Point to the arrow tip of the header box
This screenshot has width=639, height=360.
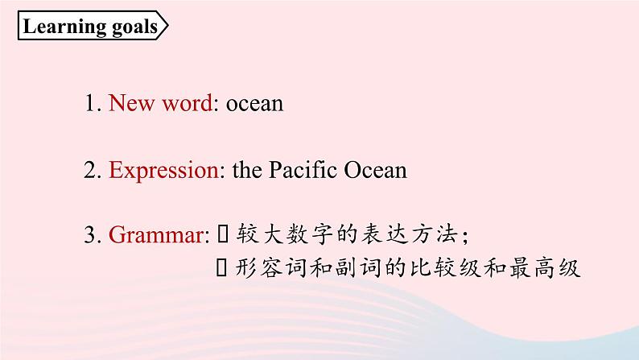[167, 26]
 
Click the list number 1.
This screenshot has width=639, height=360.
[90, 103]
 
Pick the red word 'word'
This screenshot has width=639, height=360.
[188, 103]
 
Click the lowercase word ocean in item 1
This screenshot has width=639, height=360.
[254, 104]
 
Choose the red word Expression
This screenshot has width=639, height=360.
[164, 171]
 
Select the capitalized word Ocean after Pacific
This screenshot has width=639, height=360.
[375, 170]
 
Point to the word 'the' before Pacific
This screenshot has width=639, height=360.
[247, 170]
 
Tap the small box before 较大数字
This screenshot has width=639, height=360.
[222, 234]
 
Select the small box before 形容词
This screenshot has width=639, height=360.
[221, 268]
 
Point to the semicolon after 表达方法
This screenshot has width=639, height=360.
[465, 237]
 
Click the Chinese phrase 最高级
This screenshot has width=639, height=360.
[545, 268]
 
